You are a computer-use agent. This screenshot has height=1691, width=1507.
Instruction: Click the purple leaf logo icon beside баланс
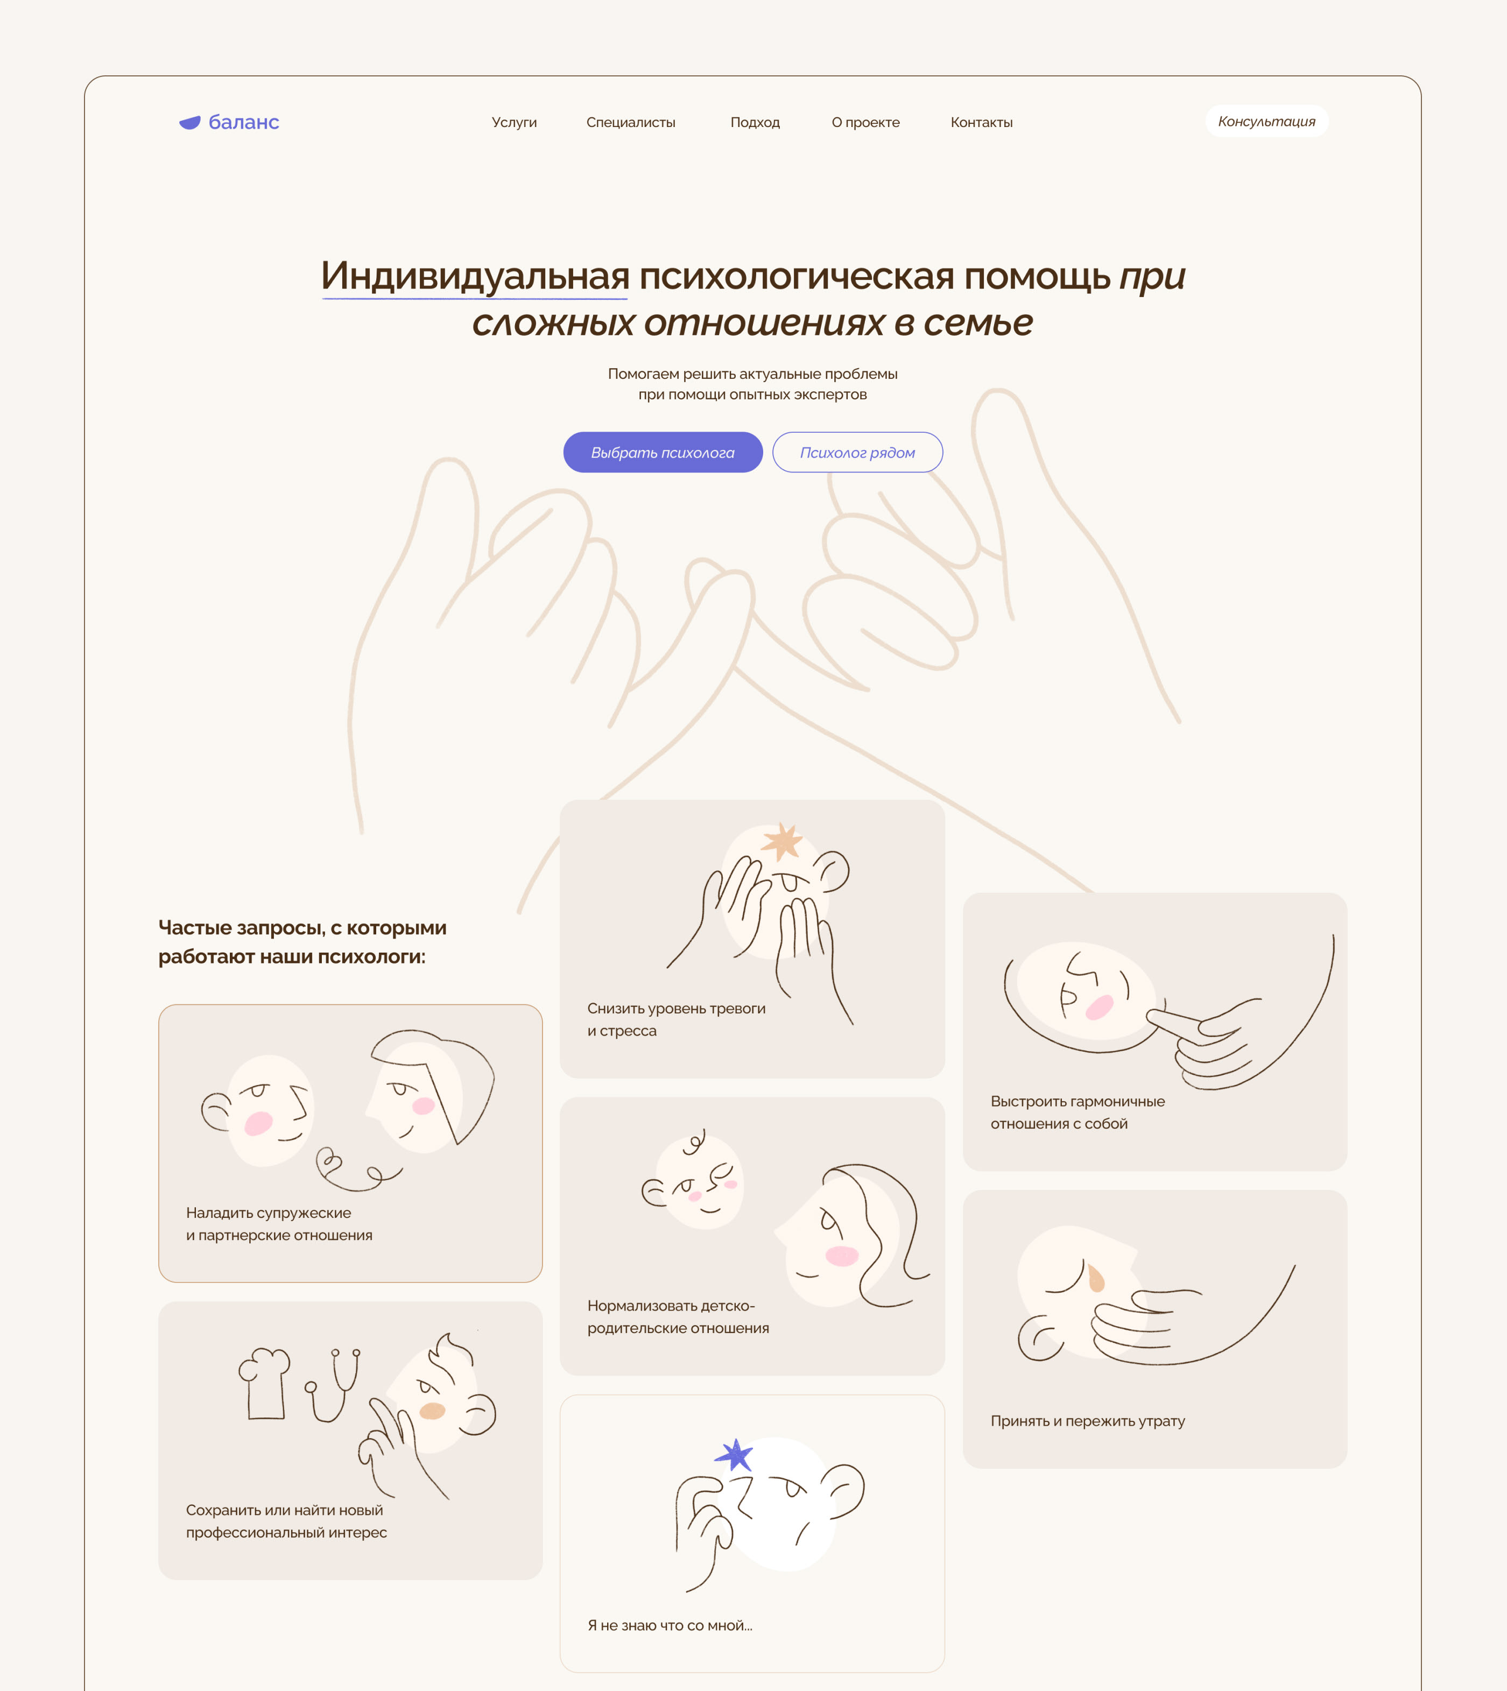(189, 123)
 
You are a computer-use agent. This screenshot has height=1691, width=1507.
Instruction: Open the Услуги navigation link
(514, 123)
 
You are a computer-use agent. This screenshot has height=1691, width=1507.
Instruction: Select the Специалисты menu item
(631, 123)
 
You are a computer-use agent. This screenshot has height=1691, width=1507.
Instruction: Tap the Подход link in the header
(755, 123)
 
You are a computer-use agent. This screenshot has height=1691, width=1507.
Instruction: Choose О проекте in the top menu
(865, 123)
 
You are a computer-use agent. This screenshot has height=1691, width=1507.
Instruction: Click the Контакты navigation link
(981, 123)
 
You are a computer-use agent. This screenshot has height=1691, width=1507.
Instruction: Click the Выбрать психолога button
(663, 452)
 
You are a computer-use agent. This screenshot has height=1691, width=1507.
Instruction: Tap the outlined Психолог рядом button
(857, 452)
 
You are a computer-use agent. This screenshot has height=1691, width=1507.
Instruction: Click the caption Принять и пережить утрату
(1087, 1421)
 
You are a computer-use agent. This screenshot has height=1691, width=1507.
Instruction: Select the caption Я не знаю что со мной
(670, 1625)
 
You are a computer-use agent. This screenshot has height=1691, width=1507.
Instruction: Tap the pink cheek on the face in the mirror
(1100, 1007)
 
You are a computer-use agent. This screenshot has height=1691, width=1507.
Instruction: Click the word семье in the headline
(978, 322)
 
